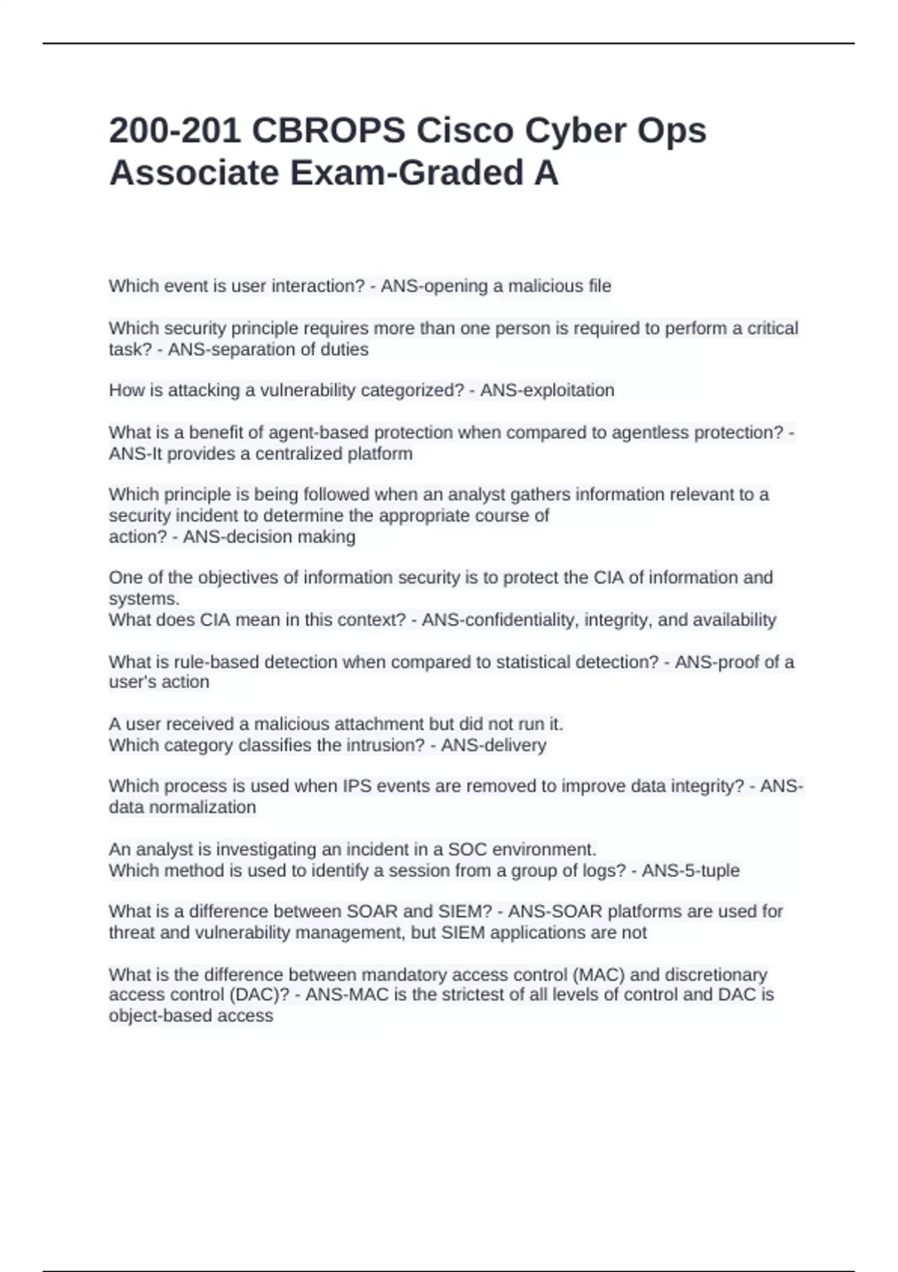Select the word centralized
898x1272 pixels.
pos(299,454)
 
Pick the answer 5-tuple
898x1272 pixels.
pos(707,871)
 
